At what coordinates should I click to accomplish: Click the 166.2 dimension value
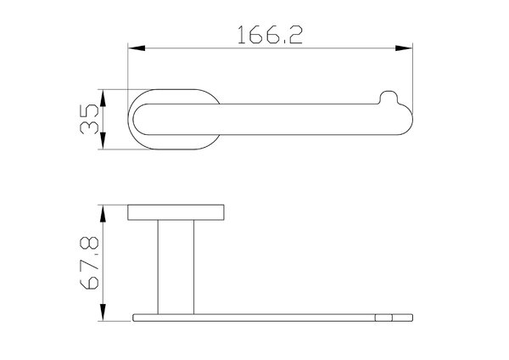tap(270, 35)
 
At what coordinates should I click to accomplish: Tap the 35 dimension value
tap(89, 119)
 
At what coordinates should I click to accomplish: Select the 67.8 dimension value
tap(89, 263)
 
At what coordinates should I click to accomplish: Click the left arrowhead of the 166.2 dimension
tap(137, 48)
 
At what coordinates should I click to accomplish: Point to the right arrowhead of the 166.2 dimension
tap(404, 48)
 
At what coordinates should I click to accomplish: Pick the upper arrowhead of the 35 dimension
tap(103, 98)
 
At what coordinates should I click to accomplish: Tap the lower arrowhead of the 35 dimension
tap(103, 141)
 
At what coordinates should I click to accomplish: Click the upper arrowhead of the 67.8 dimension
tap(103, 213)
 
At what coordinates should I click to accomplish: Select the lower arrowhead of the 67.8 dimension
tap(103, 312)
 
